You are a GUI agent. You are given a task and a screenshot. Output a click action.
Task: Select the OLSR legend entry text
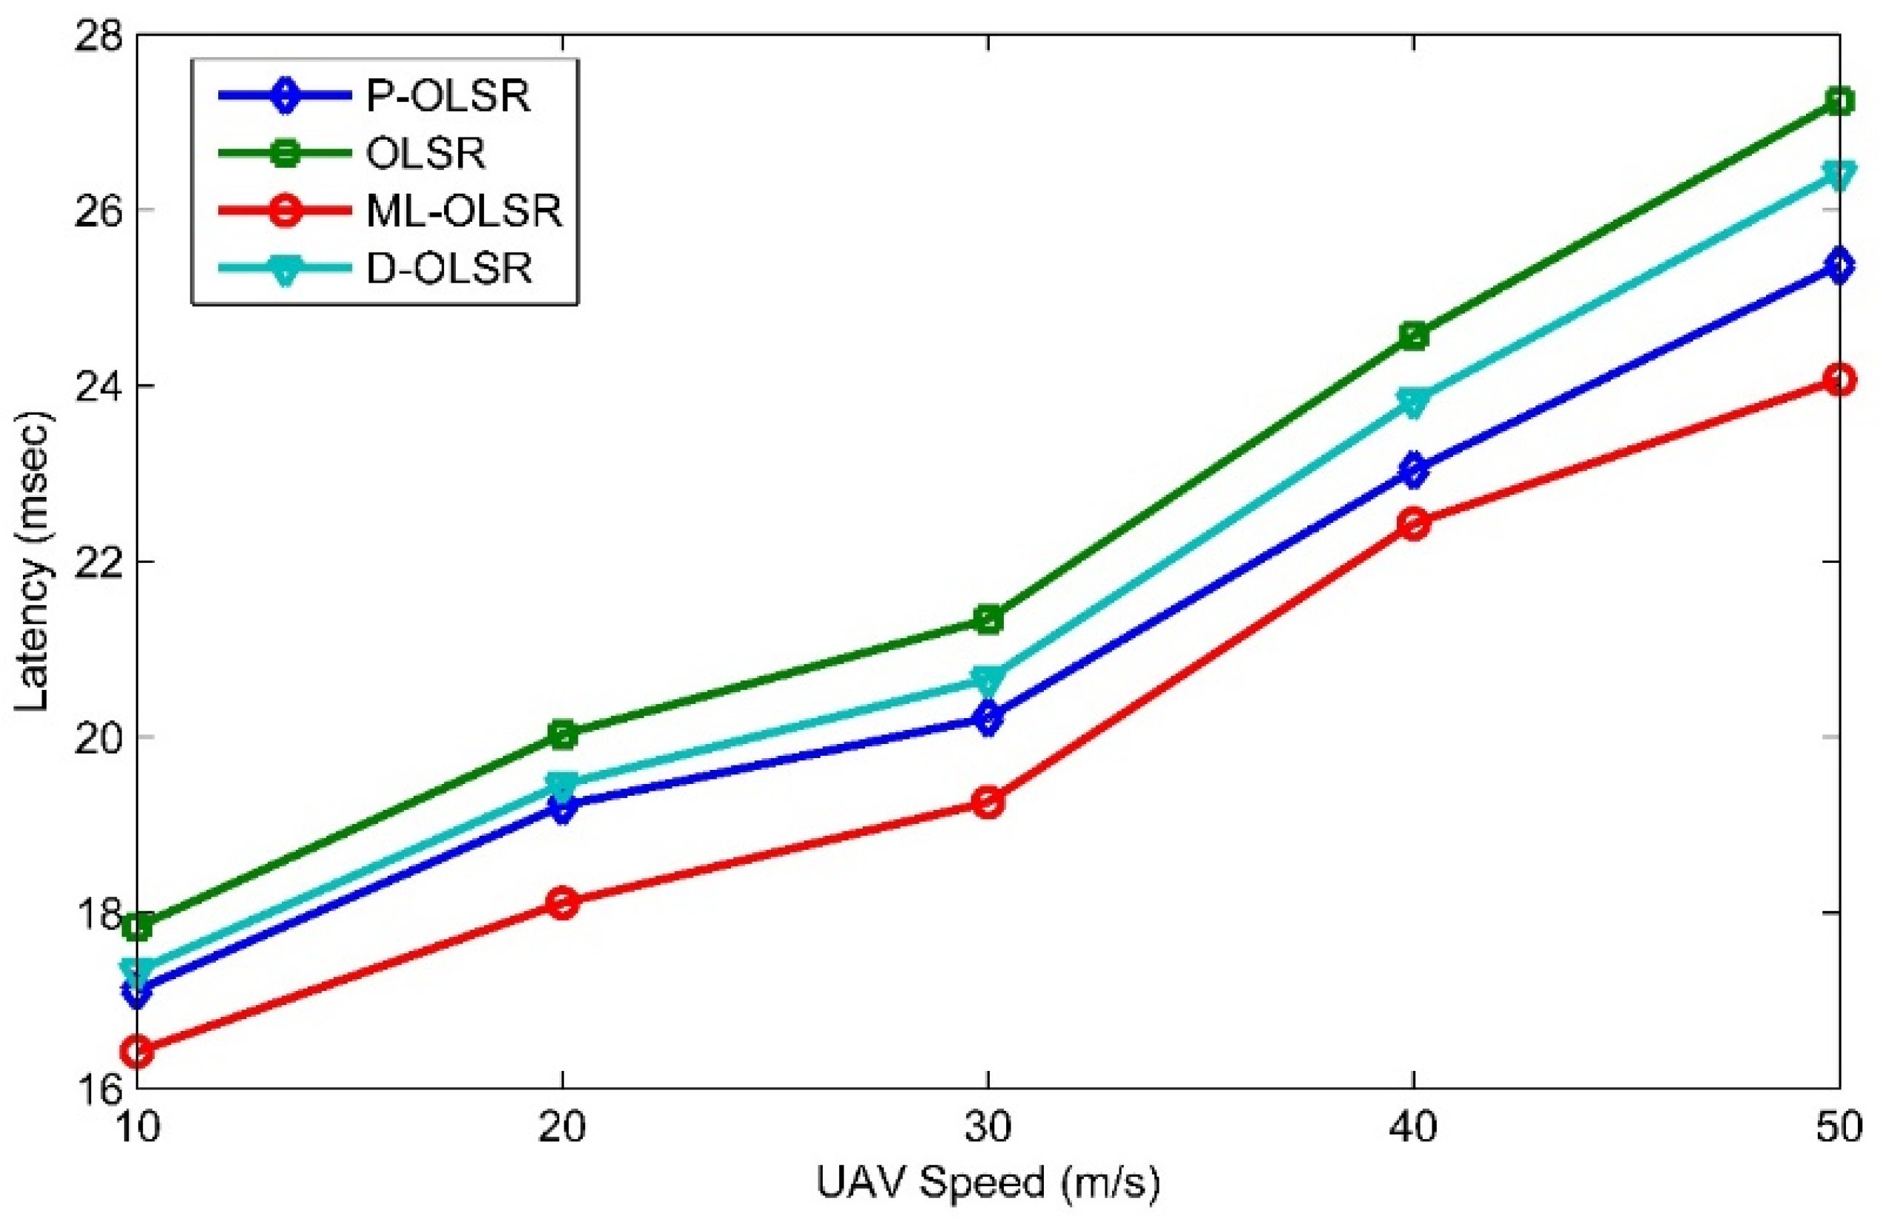point(425,154)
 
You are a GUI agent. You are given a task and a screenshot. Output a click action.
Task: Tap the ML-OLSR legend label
point(465,212)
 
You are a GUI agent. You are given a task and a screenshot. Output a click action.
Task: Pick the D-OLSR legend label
point(448,269)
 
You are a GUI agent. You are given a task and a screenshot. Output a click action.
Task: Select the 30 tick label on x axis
point(988,1128)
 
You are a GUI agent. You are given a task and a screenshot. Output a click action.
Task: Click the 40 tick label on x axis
point(1414,1128)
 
